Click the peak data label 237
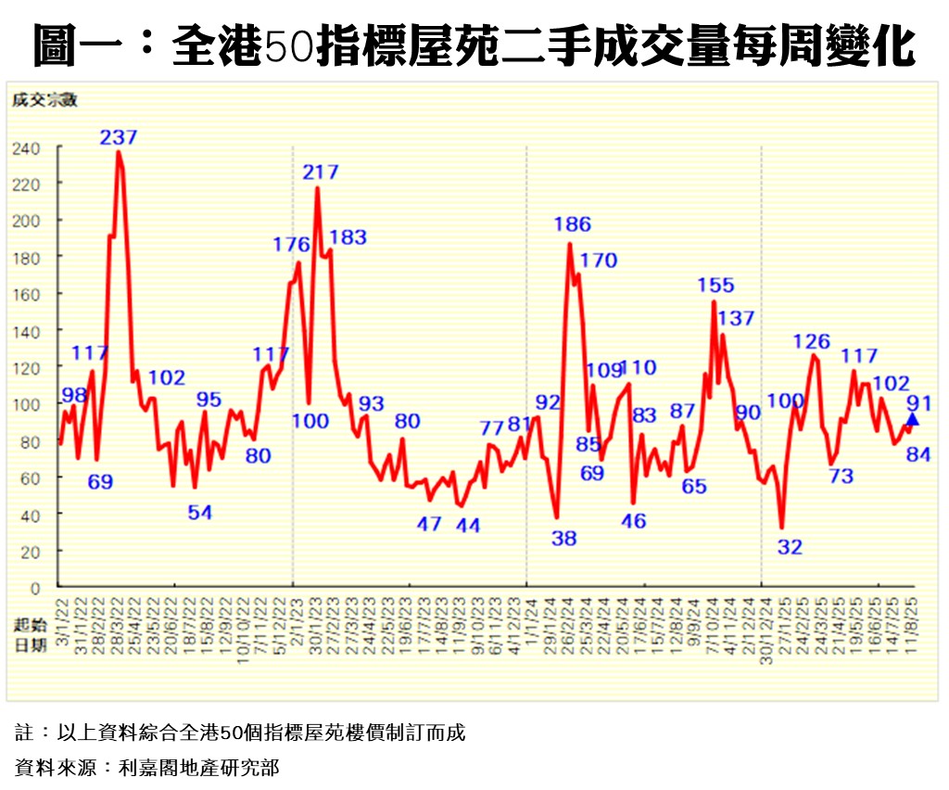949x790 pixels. (120, 137)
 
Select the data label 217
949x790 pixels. (321, 172)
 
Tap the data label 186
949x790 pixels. (572, 224)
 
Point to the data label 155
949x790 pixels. (715, 286)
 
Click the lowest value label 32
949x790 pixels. (790, 548)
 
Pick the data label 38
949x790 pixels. (563, 538)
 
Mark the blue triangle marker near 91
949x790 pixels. (912, 419)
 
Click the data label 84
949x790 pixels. (918, 454)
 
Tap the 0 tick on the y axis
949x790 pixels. (34, 588)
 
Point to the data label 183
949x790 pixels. (348, 237)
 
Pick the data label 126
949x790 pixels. (812, 342)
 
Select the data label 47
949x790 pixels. (429, 524)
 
